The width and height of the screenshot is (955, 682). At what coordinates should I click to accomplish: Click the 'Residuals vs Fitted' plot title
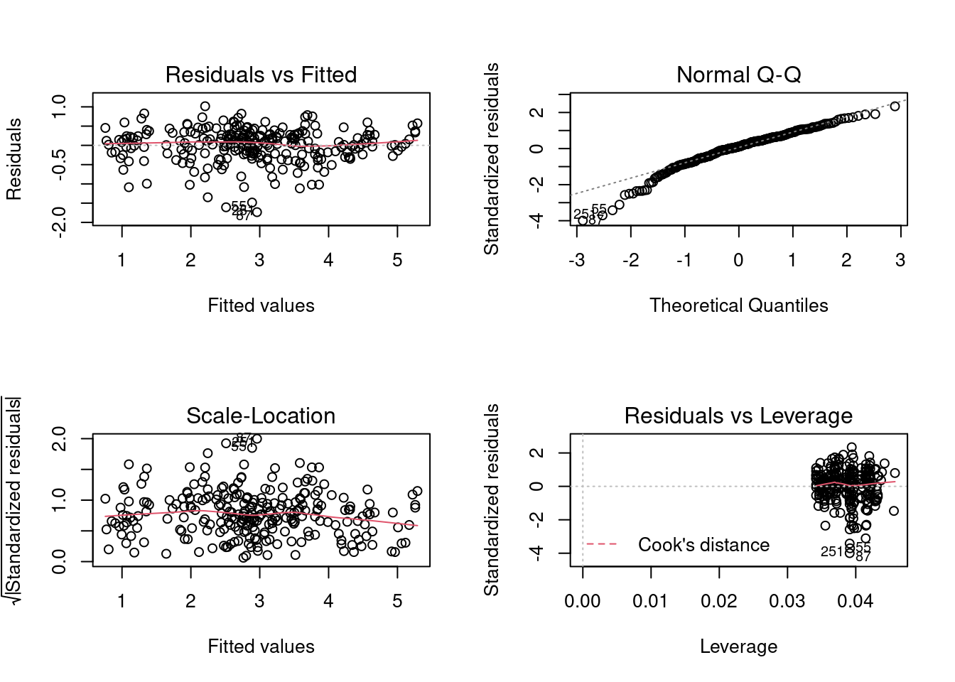(261, 75)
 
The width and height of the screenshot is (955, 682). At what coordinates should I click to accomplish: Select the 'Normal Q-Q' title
(738, 75)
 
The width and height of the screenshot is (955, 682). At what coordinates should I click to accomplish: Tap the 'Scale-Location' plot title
(261, 416)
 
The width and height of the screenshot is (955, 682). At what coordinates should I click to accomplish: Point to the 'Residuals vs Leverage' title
(738, 416)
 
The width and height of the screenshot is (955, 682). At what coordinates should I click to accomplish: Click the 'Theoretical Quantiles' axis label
(738, 305)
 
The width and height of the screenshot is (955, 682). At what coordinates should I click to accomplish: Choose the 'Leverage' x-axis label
(738, 646)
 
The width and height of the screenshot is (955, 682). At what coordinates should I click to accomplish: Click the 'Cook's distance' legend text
(703, 545)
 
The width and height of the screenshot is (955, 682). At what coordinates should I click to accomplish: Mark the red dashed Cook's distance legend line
(601, 545)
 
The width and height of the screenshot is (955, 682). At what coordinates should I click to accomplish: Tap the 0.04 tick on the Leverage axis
(855, 601)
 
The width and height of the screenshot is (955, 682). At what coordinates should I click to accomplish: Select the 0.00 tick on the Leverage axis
(583, 601)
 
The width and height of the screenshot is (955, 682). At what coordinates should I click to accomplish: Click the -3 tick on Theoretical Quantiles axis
(576, 260)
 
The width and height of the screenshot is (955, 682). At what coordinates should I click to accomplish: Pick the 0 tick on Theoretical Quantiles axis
(738, 260)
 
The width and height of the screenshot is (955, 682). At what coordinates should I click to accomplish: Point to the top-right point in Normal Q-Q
(895, 106)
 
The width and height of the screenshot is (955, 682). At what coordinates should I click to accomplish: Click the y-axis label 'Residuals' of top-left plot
(14, 159)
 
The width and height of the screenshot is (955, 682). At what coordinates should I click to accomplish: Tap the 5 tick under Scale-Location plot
(397, 601)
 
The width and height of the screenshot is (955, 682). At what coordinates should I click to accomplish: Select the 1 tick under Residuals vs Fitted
(122, 260)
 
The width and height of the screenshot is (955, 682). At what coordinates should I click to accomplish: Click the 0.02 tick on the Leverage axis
(718, 601)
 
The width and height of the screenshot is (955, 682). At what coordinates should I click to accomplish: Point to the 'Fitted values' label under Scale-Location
(261, 646)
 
